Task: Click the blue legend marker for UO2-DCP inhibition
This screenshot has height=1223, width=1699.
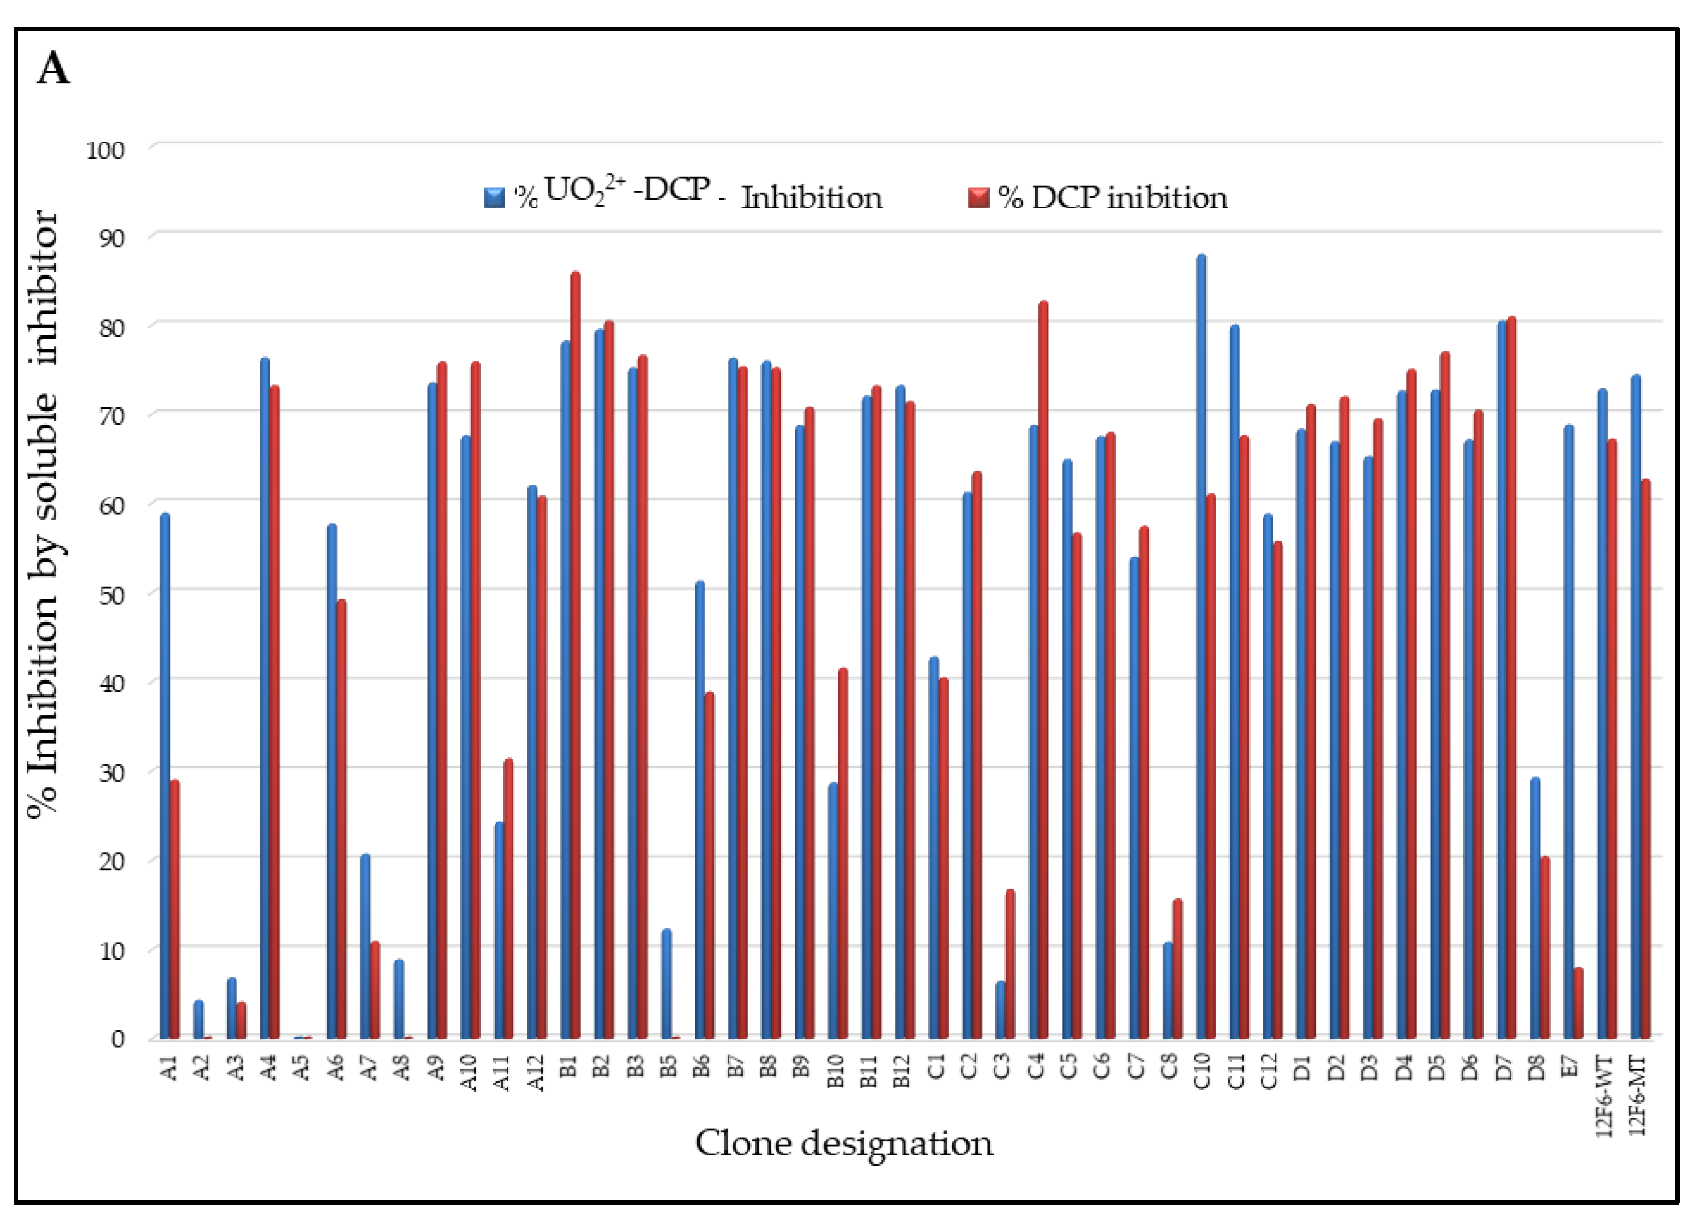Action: click(x=495, y=198)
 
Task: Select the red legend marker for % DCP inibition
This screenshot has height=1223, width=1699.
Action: click(x=978, y=198)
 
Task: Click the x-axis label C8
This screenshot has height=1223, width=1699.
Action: click(x=1169, y=1066)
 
